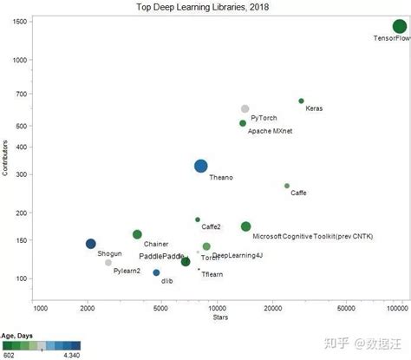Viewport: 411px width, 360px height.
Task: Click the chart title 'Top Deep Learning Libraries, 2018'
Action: (205, 7)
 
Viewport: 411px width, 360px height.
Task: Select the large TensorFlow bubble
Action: (398, 27)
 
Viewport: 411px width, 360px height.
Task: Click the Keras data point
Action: (301, 101)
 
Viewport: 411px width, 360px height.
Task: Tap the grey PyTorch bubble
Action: (245, 108)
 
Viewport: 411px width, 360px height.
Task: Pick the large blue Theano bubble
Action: (201, 167)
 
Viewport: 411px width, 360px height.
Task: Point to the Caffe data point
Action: (287, 186)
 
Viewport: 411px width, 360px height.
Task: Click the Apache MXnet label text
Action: (271, 131)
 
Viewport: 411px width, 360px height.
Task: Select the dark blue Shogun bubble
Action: (91, 244)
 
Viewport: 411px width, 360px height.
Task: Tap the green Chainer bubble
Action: (137, 234)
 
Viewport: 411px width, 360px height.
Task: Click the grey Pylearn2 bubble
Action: (108, 262)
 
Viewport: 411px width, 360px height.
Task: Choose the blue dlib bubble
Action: (156, 272)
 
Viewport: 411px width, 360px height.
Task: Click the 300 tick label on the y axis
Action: (22, 174)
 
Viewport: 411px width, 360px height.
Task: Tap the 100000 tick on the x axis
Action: (398, 308)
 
